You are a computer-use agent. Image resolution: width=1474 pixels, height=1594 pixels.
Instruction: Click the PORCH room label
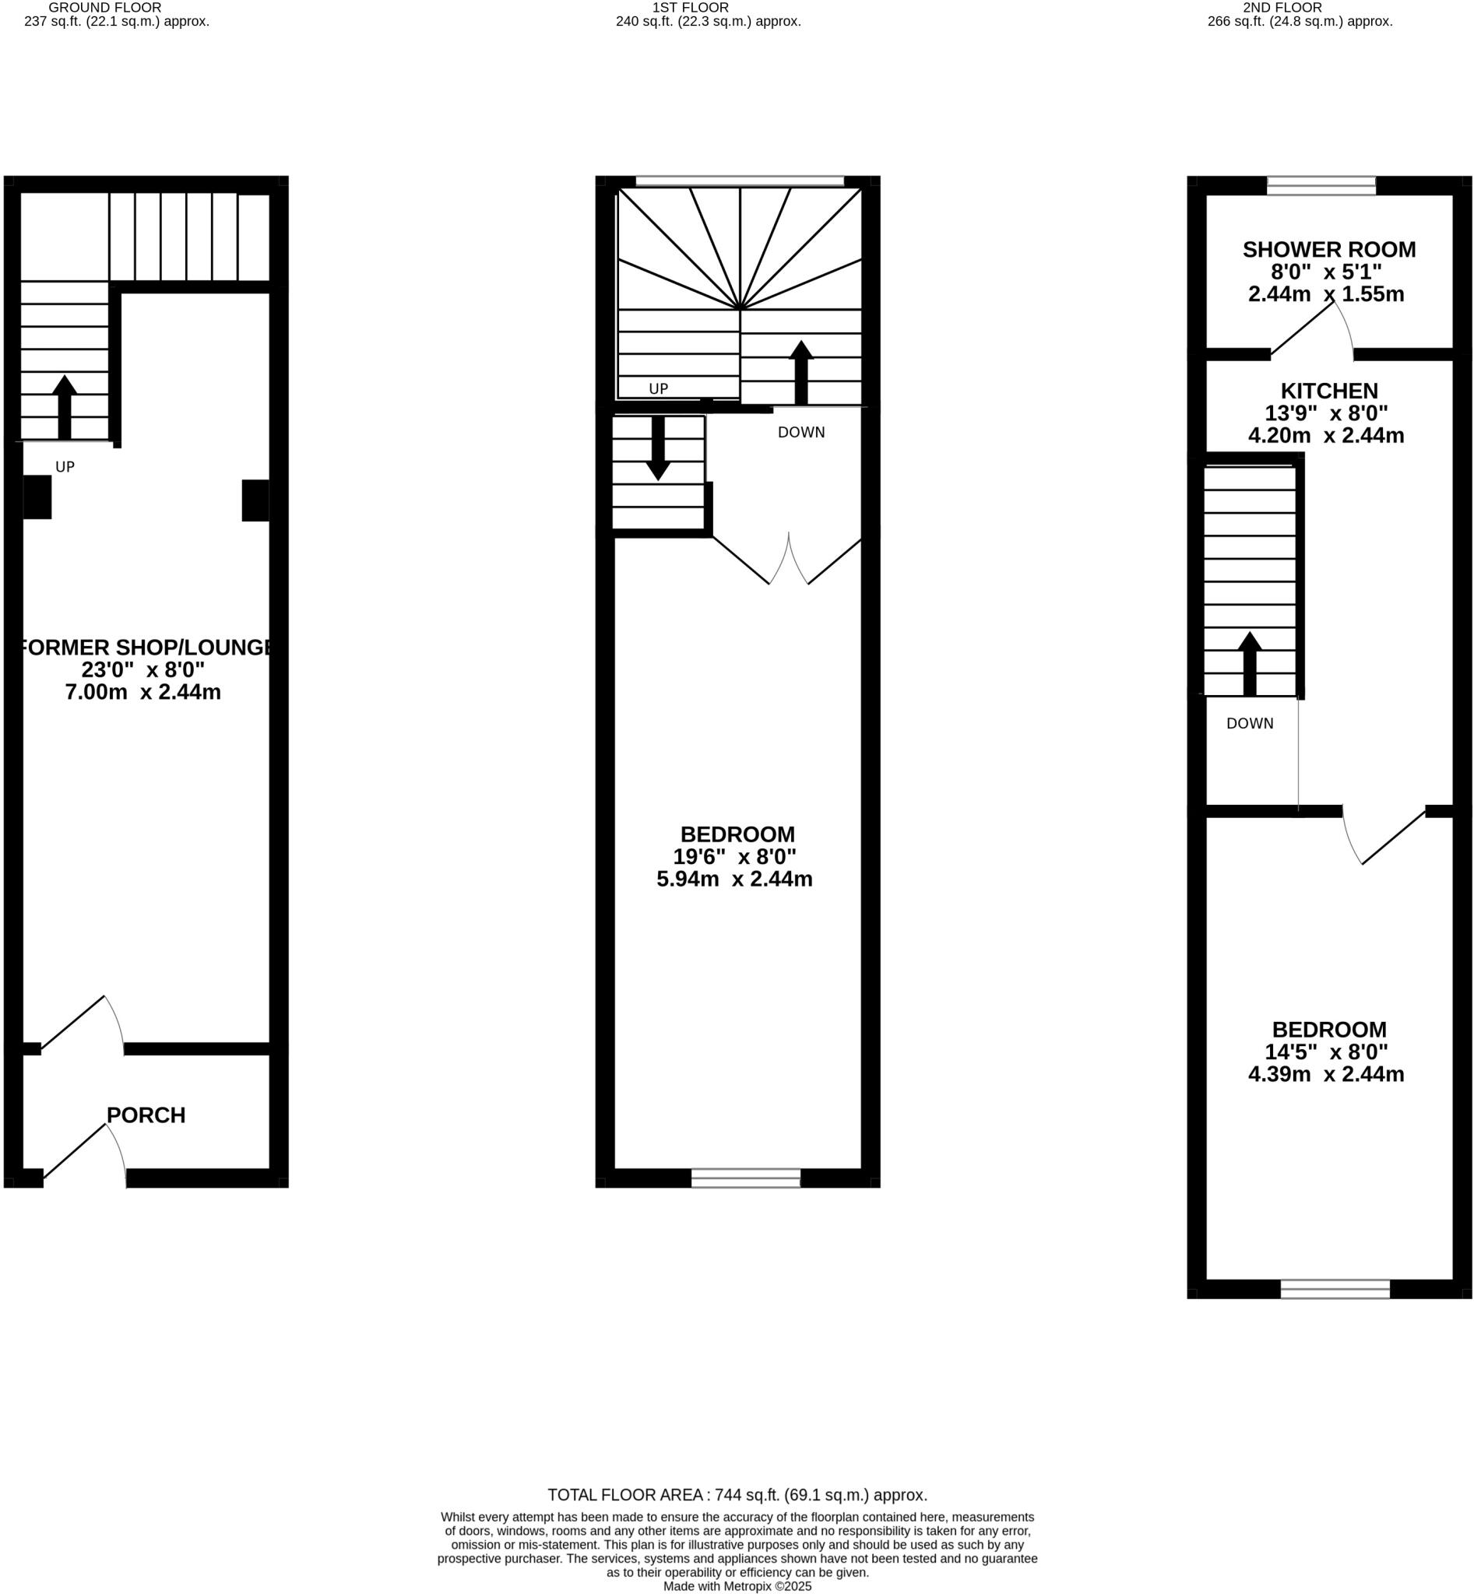tap(146, 1115)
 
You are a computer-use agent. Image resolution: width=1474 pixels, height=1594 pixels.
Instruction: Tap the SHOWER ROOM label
tap(1329, 250)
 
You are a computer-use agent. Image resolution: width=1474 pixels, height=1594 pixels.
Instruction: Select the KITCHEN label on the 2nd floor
tap(1329, 391)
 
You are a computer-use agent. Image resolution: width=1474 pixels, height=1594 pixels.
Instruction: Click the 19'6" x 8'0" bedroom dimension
tap(734, 857)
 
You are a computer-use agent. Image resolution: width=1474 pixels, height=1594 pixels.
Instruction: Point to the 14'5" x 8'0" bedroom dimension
tap(1325, 1052)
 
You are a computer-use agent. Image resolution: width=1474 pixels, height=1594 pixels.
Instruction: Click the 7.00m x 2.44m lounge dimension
tap(142, 692)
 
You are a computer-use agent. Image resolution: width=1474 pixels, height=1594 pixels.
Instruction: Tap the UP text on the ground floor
tap(65, 467)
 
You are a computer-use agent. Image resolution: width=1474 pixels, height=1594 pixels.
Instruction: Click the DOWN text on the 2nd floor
tap(1250, 723)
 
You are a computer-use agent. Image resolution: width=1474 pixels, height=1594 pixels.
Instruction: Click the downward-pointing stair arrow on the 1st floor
tap(658, 448)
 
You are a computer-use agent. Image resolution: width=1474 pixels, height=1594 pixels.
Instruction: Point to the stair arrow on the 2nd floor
tap(1250, 662)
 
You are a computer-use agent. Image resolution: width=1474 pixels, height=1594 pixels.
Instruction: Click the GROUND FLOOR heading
tap(104, 7)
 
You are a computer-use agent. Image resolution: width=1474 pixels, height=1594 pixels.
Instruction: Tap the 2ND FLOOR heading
tap(1282, 7)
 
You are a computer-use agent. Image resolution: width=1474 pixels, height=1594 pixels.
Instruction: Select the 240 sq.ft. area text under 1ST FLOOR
tap(708, 22)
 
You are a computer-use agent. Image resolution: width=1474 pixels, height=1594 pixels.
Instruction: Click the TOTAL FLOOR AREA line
tap(737, 1495)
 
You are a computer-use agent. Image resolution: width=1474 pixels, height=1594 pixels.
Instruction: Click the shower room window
tap(1321, 186)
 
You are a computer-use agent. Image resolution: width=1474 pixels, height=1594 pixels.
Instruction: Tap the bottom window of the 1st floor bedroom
tap(746, 1178)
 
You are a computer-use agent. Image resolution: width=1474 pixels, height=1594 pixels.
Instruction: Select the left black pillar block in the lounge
tap(37, 497)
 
